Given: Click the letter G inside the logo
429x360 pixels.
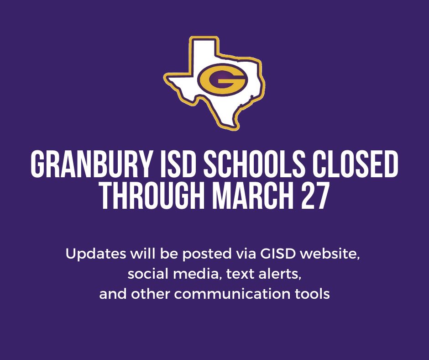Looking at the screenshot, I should pos(222,81).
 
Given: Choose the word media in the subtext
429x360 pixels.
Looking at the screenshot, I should pos(188,274).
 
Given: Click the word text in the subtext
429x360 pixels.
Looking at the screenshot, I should pos(232,274).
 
